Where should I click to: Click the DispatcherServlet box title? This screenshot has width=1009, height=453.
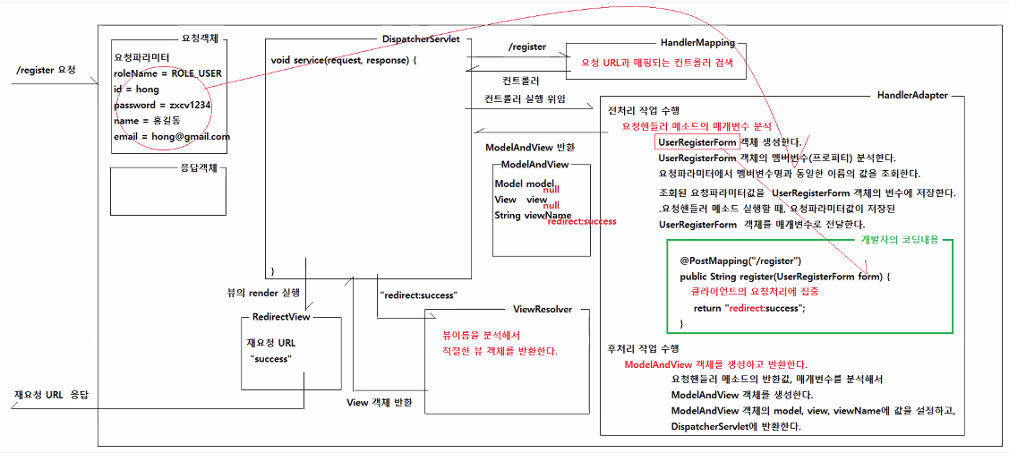pos(421,40)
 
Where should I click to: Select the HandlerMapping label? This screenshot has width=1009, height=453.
pos(697,42)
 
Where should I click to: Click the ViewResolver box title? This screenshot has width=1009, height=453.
pos(543,309)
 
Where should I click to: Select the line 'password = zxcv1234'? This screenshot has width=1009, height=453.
pos(162,105)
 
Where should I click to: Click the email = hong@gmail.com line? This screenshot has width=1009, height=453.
pos(172,137)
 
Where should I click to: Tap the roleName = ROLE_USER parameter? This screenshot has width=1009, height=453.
pos(168,73)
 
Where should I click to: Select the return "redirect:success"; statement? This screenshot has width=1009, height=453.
pos(749,308)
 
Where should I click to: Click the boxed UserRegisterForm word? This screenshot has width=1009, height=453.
pos(697,142)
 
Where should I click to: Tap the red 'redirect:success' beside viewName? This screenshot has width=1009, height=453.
pos(581,221)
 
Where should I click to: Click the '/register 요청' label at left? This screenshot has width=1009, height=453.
pos(46,70)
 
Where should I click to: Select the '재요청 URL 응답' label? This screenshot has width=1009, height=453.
pos(51,395)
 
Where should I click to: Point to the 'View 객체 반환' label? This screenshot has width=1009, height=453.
pos(380,403)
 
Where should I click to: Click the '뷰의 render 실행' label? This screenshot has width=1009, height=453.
pos(263,292)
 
